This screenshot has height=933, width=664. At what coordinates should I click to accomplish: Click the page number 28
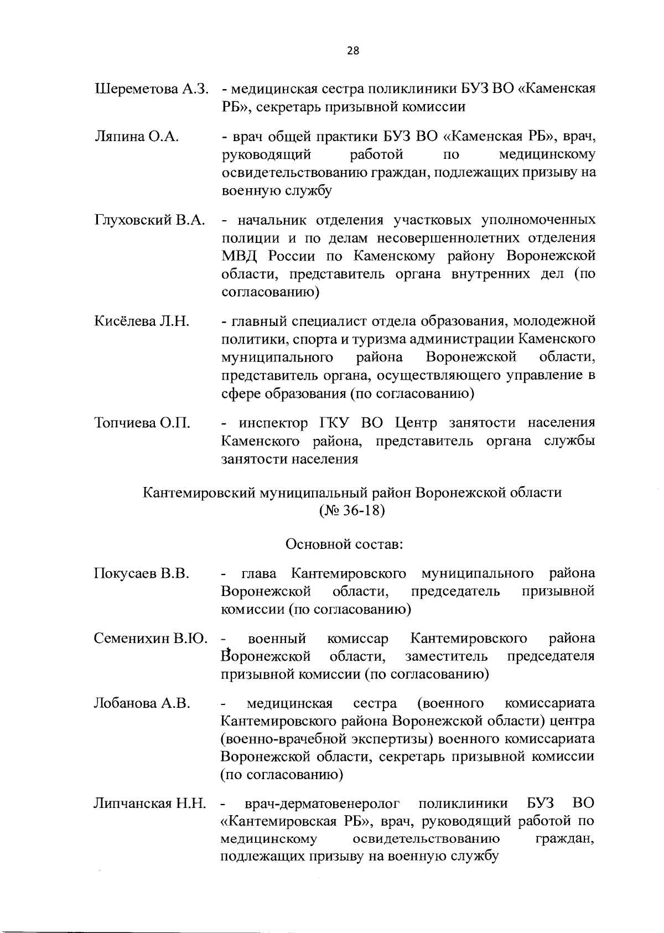point(352,51)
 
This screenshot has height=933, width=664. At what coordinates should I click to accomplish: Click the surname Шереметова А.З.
point(151,89)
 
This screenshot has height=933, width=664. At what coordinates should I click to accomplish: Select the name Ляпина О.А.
point(137,137)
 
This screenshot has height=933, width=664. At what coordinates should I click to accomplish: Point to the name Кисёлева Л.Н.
point(142,321)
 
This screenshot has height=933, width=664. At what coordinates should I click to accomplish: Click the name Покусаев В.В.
point(142,573)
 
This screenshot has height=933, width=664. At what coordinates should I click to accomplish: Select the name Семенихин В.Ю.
point(151,639)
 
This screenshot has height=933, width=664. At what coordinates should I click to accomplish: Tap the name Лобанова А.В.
point(142,703)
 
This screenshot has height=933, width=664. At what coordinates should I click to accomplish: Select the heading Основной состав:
point(344,545)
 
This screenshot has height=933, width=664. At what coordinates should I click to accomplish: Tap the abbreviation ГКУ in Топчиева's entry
point(335,423)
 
